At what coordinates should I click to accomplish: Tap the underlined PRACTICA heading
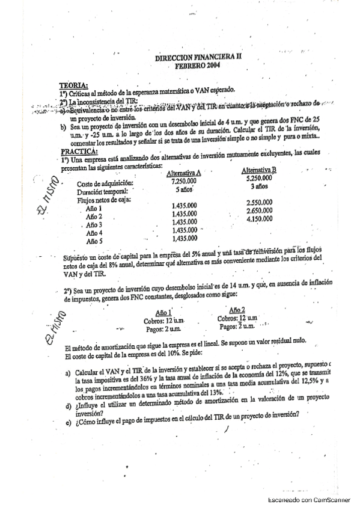[78, 151]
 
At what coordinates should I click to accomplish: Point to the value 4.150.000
[259, 219]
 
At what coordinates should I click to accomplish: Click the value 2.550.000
[259, 202]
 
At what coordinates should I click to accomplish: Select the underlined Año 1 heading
[164, 312]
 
